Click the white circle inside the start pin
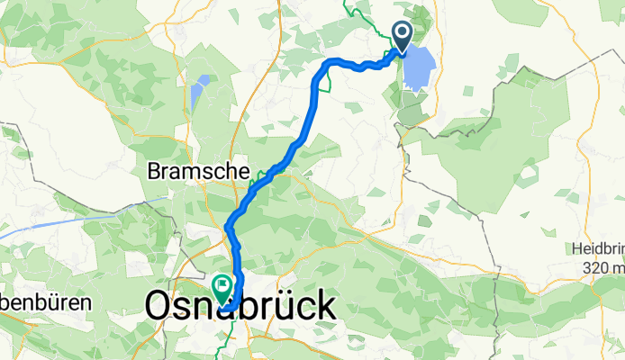pyautogui.click(x=402, y=34)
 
